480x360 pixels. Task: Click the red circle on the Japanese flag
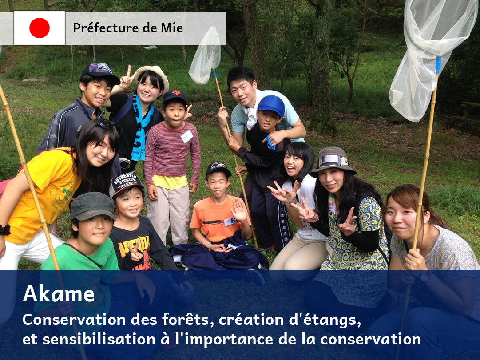point(40,28)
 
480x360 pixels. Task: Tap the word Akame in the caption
point(59,293)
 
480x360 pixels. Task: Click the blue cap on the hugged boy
point(271,105)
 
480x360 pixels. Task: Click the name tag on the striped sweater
point(187,136)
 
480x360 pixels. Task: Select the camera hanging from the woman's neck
point(125,163)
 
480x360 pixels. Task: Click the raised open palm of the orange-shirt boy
point(238,210)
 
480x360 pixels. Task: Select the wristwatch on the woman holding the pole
point(425,277)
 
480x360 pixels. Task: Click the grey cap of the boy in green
point(93,206)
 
